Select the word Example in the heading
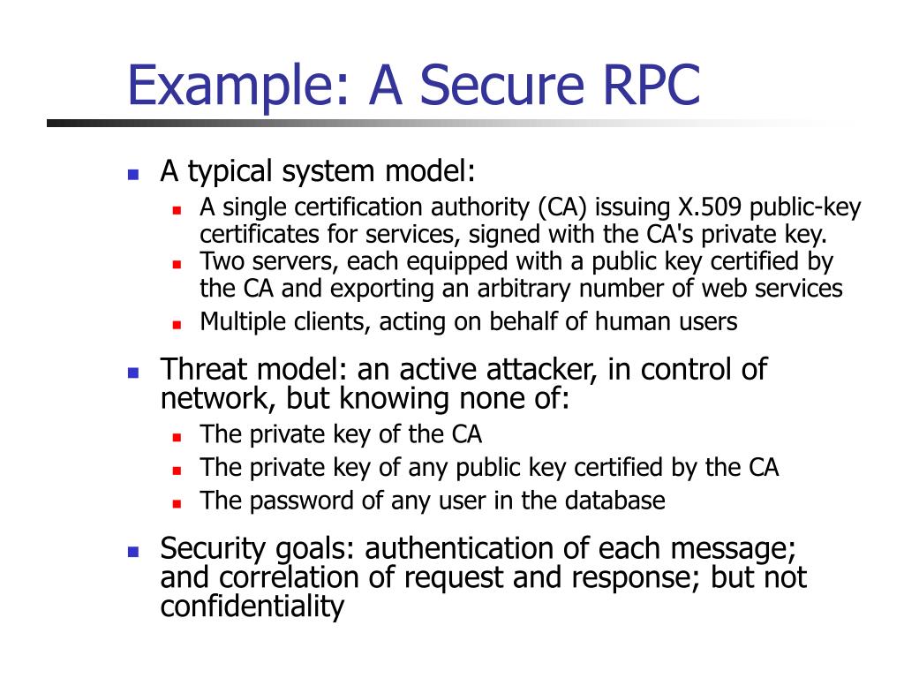click(234, 85)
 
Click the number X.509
click(711, 208)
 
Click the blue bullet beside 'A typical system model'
click(133, 174)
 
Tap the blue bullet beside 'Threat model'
click(133, 372)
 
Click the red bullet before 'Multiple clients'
click(177, 324)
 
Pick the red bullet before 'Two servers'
click(177, 264)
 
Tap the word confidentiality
click(252, 606)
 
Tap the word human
click(630, 322)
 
